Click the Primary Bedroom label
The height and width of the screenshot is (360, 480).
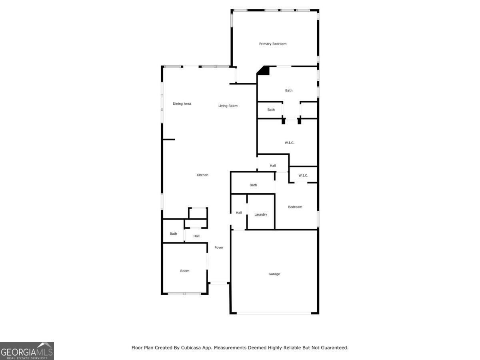pyautogui.click(x=272, y=44)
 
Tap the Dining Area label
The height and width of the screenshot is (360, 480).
pyautogui.click(x=182, y=104)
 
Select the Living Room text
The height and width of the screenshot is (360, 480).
pyautogui.click(x=228, y=106)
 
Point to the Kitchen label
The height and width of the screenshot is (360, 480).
pyautogui.click(x=202, y=175)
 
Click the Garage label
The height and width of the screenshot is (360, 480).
pyautogui.click(x=274, y=274)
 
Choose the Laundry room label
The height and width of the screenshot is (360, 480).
pyautogui.click(x=260, y=214)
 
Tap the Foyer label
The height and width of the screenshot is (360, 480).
pyautogui.click(x=219, y=248)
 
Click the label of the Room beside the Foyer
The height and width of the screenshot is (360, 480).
pyautogui.click(x=184, y=271)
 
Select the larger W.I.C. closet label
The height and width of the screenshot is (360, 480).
pyautogui.click(x=289, y=143)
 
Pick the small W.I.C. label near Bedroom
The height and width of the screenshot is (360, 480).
pyautogui.click(x=303, y=176)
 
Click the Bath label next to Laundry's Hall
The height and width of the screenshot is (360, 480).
pyautogui.click(x=253, y=185)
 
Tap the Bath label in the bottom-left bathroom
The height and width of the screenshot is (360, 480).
pyautogui.click(x=173, y=234)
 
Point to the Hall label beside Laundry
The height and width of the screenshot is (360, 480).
pyautogui.click(x=239, y=212)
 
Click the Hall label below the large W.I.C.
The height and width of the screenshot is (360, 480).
pyautogui.click(x=273, y=166)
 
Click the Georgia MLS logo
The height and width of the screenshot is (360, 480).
pyautogui.click(x=27, y=351)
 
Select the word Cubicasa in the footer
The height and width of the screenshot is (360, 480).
pyautogui.click(x=191, y=348)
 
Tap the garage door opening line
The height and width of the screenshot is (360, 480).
pyautogui.click(x=274, y=313)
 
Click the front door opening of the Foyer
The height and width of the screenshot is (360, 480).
pyautogui.click(x=219, y=283)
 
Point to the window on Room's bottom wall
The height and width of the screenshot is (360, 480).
pyautogui.click(x=184, y=294)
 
